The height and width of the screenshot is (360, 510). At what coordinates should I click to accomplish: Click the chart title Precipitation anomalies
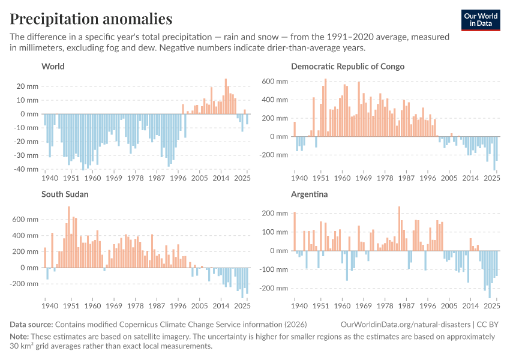coord(91,19)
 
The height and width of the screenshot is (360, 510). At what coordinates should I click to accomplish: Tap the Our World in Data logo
coord(481,20)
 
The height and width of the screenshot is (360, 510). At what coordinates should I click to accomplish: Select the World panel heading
coord(53,67)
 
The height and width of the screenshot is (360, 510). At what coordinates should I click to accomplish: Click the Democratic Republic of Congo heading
coord(347,67)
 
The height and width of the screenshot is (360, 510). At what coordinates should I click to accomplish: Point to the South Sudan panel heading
coord(65,194)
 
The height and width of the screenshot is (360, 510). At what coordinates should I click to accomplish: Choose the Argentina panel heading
coord(310,194)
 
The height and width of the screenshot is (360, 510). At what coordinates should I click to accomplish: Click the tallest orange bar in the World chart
coord(226,96)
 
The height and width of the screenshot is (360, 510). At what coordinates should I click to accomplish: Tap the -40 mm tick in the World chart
coord(26,169)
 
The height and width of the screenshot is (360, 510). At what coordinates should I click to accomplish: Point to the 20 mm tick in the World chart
coord(28,86)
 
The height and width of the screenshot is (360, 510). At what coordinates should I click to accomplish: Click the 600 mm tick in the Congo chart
coord(275,82)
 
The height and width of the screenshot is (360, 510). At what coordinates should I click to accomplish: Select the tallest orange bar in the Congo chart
coord(326,107)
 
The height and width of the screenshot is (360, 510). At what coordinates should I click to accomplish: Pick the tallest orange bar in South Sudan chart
coord(69,237)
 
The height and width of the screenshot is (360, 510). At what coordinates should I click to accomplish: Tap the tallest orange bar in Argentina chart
coord(399,229)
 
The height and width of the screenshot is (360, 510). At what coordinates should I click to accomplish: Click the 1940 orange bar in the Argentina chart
coord(295,231)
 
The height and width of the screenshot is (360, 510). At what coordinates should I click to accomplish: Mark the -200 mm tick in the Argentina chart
coord(274,288)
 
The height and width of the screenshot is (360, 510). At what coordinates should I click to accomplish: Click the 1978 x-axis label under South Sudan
coord(136,306)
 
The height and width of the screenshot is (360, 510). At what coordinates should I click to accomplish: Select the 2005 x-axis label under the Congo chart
coord(449,178)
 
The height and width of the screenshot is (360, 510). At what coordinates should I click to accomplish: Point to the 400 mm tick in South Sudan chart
coord(25,235)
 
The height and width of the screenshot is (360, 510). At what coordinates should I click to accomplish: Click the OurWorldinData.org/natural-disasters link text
coord(406,325)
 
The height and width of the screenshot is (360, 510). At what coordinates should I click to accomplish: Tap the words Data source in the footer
coord(31,325)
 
